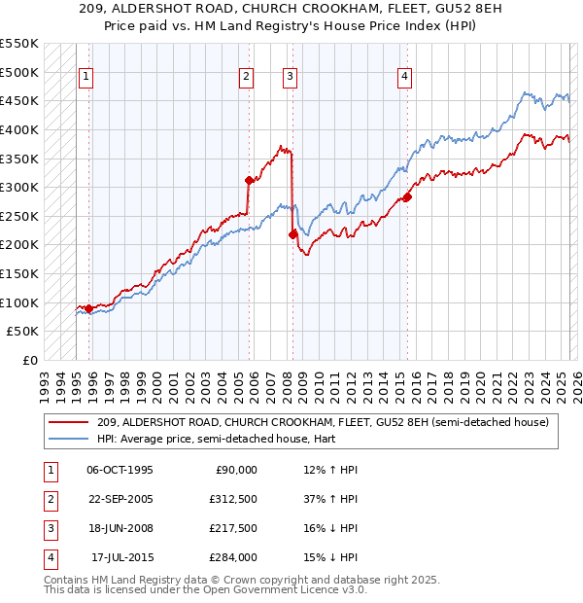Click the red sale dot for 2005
click(x=249, y=180)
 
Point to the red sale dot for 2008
click(x=292, y=234)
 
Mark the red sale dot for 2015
click(x=407, y=196)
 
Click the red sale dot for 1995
click(x=89, y=308)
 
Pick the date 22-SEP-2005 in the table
click(x=120, y=499)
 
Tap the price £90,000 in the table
click(x=235, y=470)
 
